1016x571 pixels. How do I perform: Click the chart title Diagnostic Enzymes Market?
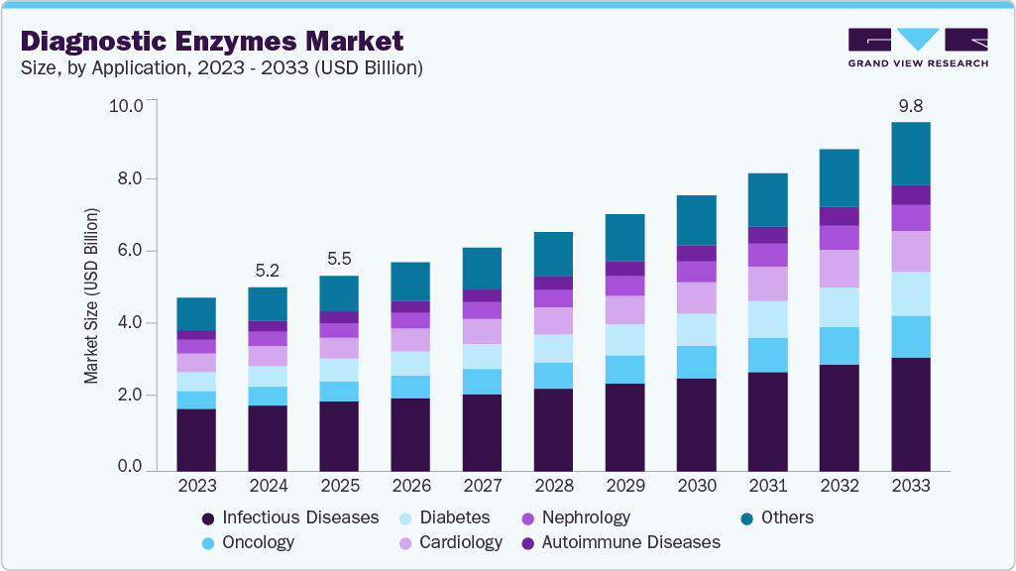pos(212,41)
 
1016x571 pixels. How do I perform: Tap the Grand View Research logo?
pos(917,47)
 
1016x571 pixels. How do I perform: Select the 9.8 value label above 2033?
pos(910,105)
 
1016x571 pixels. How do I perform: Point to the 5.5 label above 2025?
pos(339,258)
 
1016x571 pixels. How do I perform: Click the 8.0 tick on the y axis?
pos(131,178)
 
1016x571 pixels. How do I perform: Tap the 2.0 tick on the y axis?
pos(131,396)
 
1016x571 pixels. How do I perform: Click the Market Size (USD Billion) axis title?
pos(91,296)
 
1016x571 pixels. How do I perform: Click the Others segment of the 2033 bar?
pos(910,154)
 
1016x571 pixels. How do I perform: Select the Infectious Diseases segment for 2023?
pos(196,439)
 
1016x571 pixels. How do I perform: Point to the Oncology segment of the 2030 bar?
pos(696,362)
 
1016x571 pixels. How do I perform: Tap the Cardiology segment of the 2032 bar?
pos(839,268)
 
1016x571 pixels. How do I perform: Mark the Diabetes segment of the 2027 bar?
pos(482,356)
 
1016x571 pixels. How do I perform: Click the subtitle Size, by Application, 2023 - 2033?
pos(222,68)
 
